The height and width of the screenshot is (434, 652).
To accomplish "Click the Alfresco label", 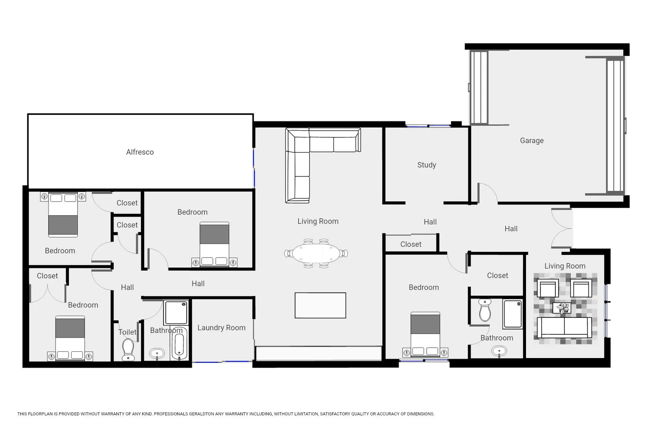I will click(140, 152).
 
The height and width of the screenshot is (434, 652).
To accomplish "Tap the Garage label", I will click(532, 141).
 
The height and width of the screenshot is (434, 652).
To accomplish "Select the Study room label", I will click(427, 165).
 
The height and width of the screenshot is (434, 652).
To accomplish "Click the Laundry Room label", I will click(221, 328).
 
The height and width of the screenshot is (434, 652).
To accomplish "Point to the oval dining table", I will click(316, 253).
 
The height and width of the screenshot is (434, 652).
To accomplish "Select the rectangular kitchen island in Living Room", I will click(320, 305).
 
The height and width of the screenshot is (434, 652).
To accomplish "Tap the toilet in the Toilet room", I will click(128, 349).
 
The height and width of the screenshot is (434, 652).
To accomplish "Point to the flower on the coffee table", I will click(562, 308).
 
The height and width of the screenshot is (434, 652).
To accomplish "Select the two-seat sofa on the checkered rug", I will click(564, 327).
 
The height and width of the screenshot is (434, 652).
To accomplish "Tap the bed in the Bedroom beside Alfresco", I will click(215, 244).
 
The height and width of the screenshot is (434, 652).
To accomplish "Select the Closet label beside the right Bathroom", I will click(497, 276).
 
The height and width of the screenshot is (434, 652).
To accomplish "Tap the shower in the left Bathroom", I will click(176, 313).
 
